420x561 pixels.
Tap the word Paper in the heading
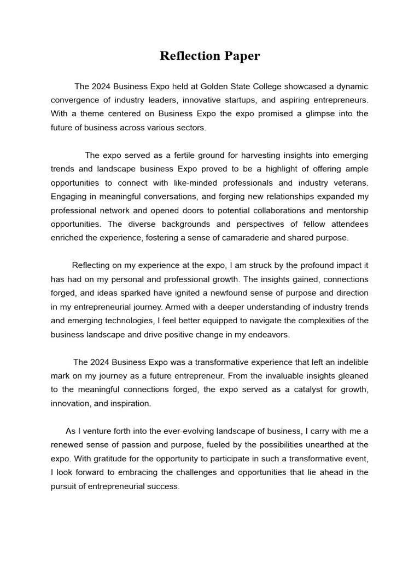242,56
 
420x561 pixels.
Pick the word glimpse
307,114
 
